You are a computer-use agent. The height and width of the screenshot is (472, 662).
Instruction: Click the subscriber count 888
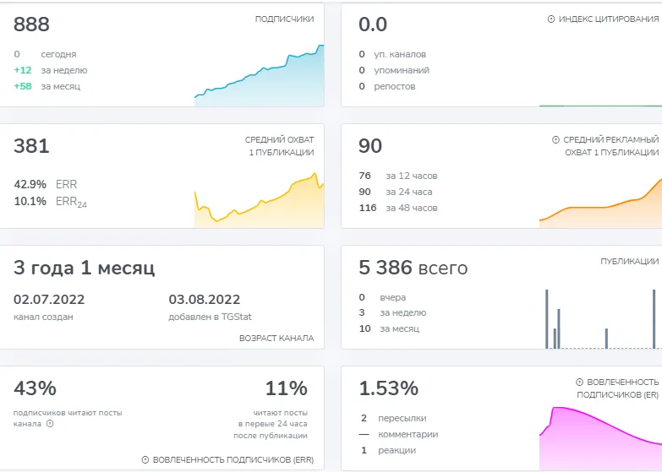(31, 24)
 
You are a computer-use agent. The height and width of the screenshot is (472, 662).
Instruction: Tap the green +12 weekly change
(23, 70)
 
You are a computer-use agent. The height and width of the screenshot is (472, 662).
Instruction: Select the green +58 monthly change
(23, 86)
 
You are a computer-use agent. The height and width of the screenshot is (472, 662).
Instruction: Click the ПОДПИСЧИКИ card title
(284, 19)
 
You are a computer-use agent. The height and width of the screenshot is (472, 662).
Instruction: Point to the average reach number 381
(31, 146)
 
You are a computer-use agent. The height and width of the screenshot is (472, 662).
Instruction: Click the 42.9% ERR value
(30, 184)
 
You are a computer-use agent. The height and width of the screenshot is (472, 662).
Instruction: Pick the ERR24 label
(71, 202)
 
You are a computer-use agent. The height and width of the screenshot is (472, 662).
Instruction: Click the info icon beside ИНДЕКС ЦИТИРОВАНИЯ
(551, 19)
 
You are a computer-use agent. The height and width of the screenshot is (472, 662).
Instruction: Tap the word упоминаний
(402, 70)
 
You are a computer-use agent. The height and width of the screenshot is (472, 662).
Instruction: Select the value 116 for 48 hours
(367, 208)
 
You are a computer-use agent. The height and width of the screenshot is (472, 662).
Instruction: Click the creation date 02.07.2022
(49, 300)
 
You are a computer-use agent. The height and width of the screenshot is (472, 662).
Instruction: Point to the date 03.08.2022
(205, 300)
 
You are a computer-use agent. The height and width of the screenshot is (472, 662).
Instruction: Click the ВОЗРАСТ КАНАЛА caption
(276, 338)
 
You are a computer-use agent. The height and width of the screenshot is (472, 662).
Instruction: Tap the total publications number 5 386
(386, 268)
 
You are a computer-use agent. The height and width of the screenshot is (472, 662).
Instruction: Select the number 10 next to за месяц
(364, 328)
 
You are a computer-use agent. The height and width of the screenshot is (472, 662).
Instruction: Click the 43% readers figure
(35, 388)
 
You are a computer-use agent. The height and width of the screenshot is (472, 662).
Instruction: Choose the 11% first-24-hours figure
(287, 388)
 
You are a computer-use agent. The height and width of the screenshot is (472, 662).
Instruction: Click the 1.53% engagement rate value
(388, 388)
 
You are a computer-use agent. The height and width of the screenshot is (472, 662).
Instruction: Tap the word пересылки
(402, 418)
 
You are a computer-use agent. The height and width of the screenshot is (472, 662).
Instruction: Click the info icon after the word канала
(50, 424)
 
